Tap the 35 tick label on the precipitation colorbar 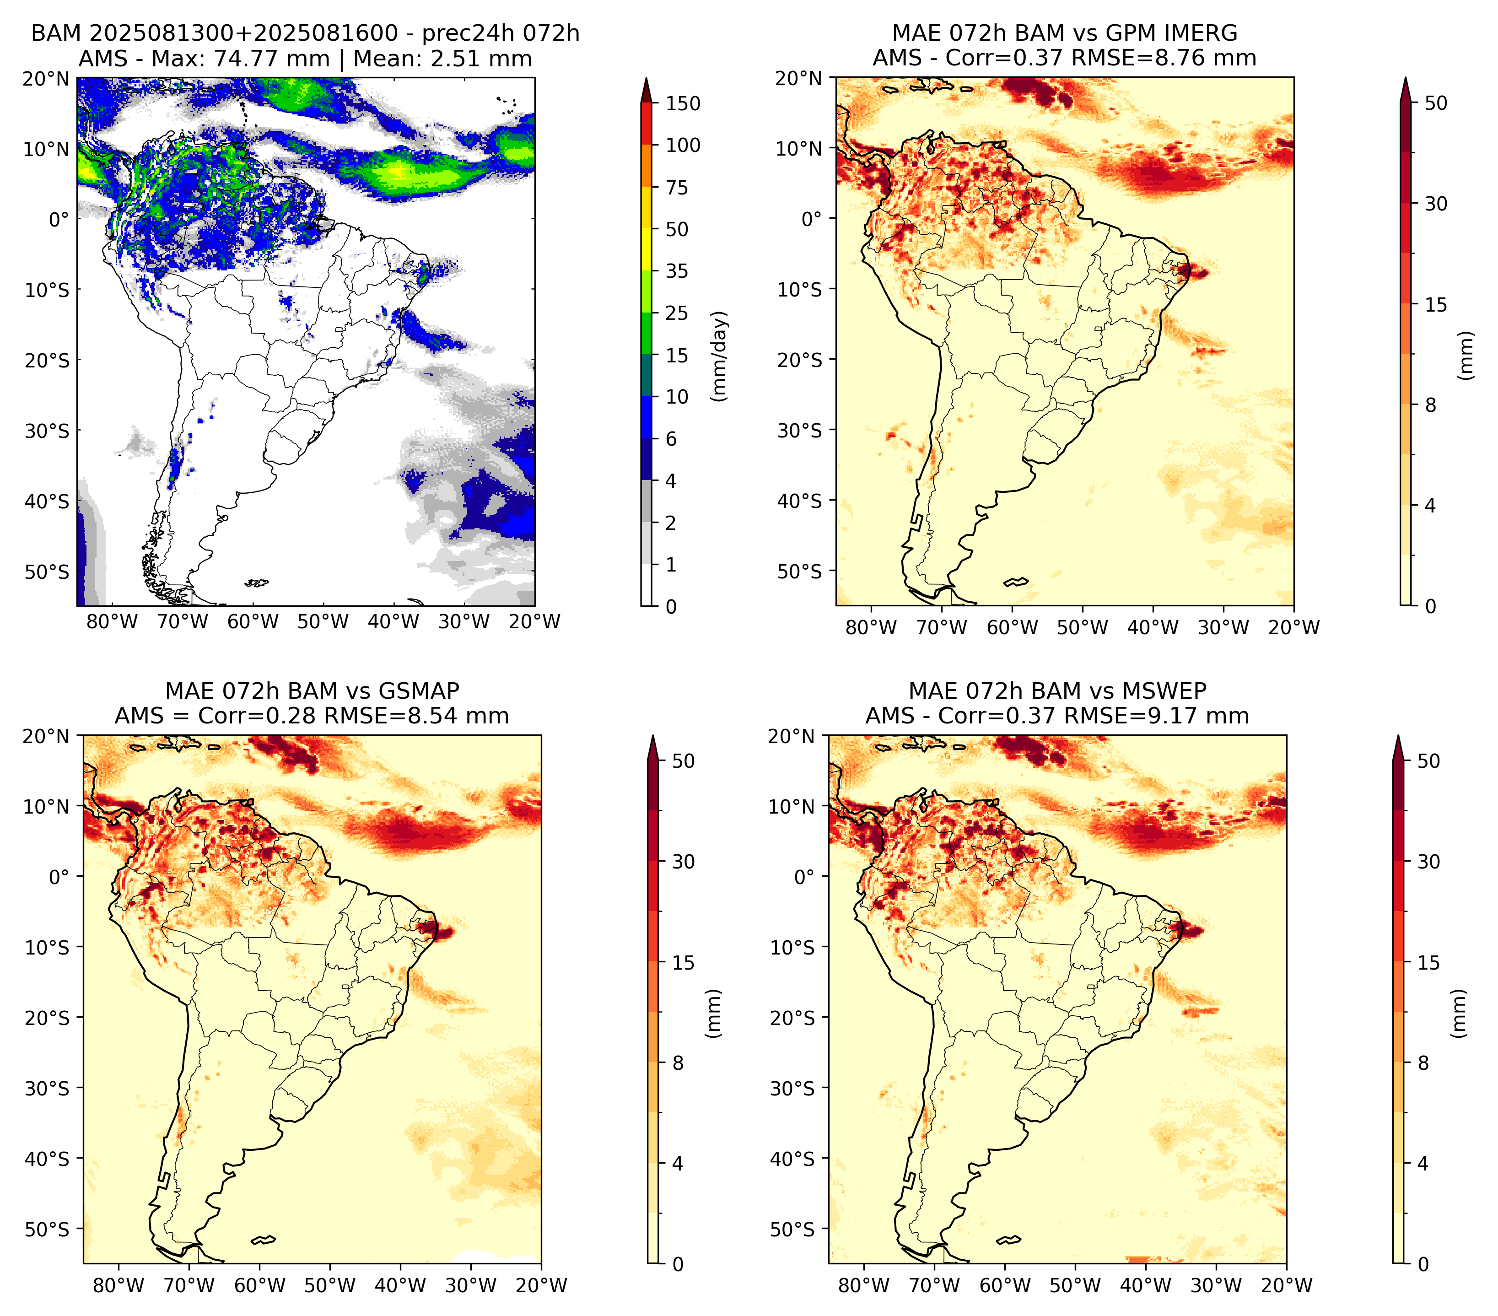[x=677, y=271]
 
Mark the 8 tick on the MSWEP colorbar [x=1423, y=1063]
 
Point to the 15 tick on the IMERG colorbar [x=1436, y=305]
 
